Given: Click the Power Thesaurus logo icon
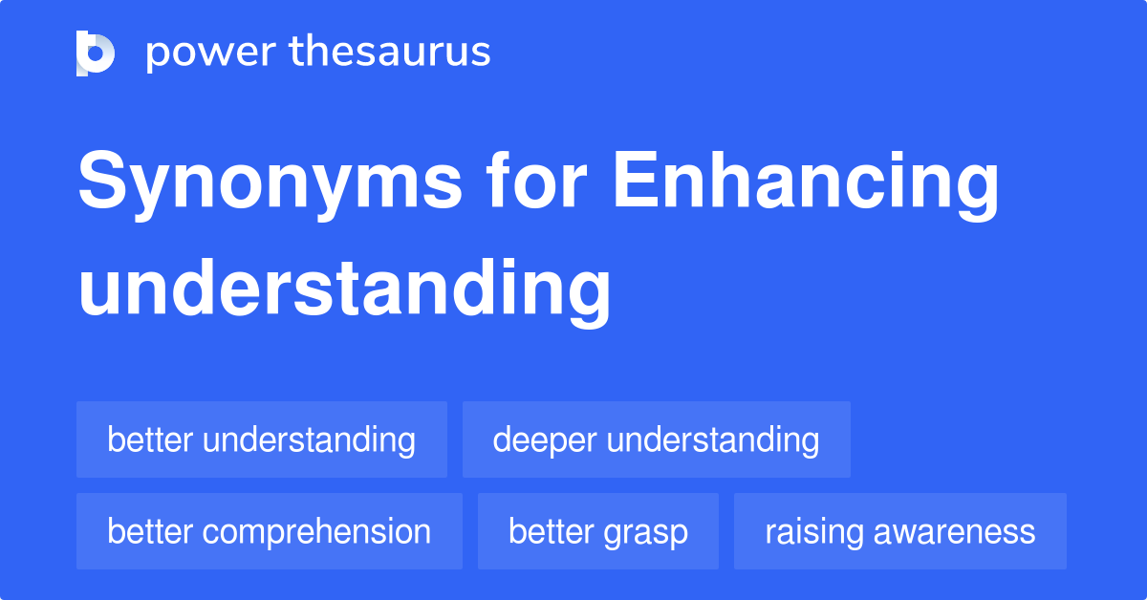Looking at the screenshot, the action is (96, 54).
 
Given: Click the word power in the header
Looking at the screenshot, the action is (211, 53).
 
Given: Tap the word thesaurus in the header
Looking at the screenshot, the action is (390, 51).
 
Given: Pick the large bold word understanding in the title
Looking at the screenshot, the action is (345, 290).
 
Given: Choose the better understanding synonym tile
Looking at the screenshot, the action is (262, 439).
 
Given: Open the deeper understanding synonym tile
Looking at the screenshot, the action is (657, 439).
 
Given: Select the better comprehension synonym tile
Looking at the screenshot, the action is (270, 531).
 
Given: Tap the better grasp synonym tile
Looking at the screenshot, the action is (598, 531).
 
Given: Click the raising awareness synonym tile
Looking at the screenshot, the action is (900, 531).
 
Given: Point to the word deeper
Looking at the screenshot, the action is (545, 440).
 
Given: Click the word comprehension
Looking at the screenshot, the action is (316, 532).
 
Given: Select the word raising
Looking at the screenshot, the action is (814, 532).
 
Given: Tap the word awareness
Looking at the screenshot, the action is (955, 532).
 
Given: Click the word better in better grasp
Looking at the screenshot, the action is (551, 530).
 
